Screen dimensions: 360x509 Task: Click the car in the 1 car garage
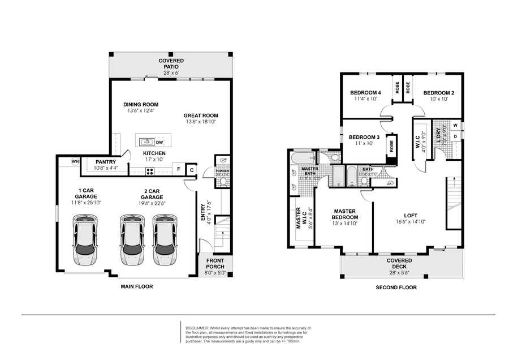pos(85,240)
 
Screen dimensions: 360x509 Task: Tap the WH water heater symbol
pos(74,162)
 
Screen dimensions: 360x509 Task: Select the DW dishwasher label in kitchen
pos(159,142)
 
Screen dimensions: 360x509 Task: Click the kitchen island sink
pos(146,142)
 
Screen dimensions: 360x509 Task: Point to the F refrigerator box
pos(178,169)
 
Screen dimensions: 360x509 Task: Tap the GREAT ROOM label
pos(200,115)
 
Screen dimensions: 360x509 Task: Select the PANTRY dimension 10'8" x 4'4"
pos(105,168)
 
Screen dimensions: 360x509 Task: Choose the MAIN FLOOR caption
pos(136,286)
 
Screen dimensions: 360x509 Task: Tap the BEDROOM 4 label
pos(365,93)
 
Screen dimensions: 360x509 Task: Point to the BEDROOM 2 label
pos(438,93)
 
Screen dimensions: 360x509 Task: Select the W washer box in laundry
pos(455,126)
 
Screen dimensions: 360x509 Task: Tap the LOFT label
pos(410,215)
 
